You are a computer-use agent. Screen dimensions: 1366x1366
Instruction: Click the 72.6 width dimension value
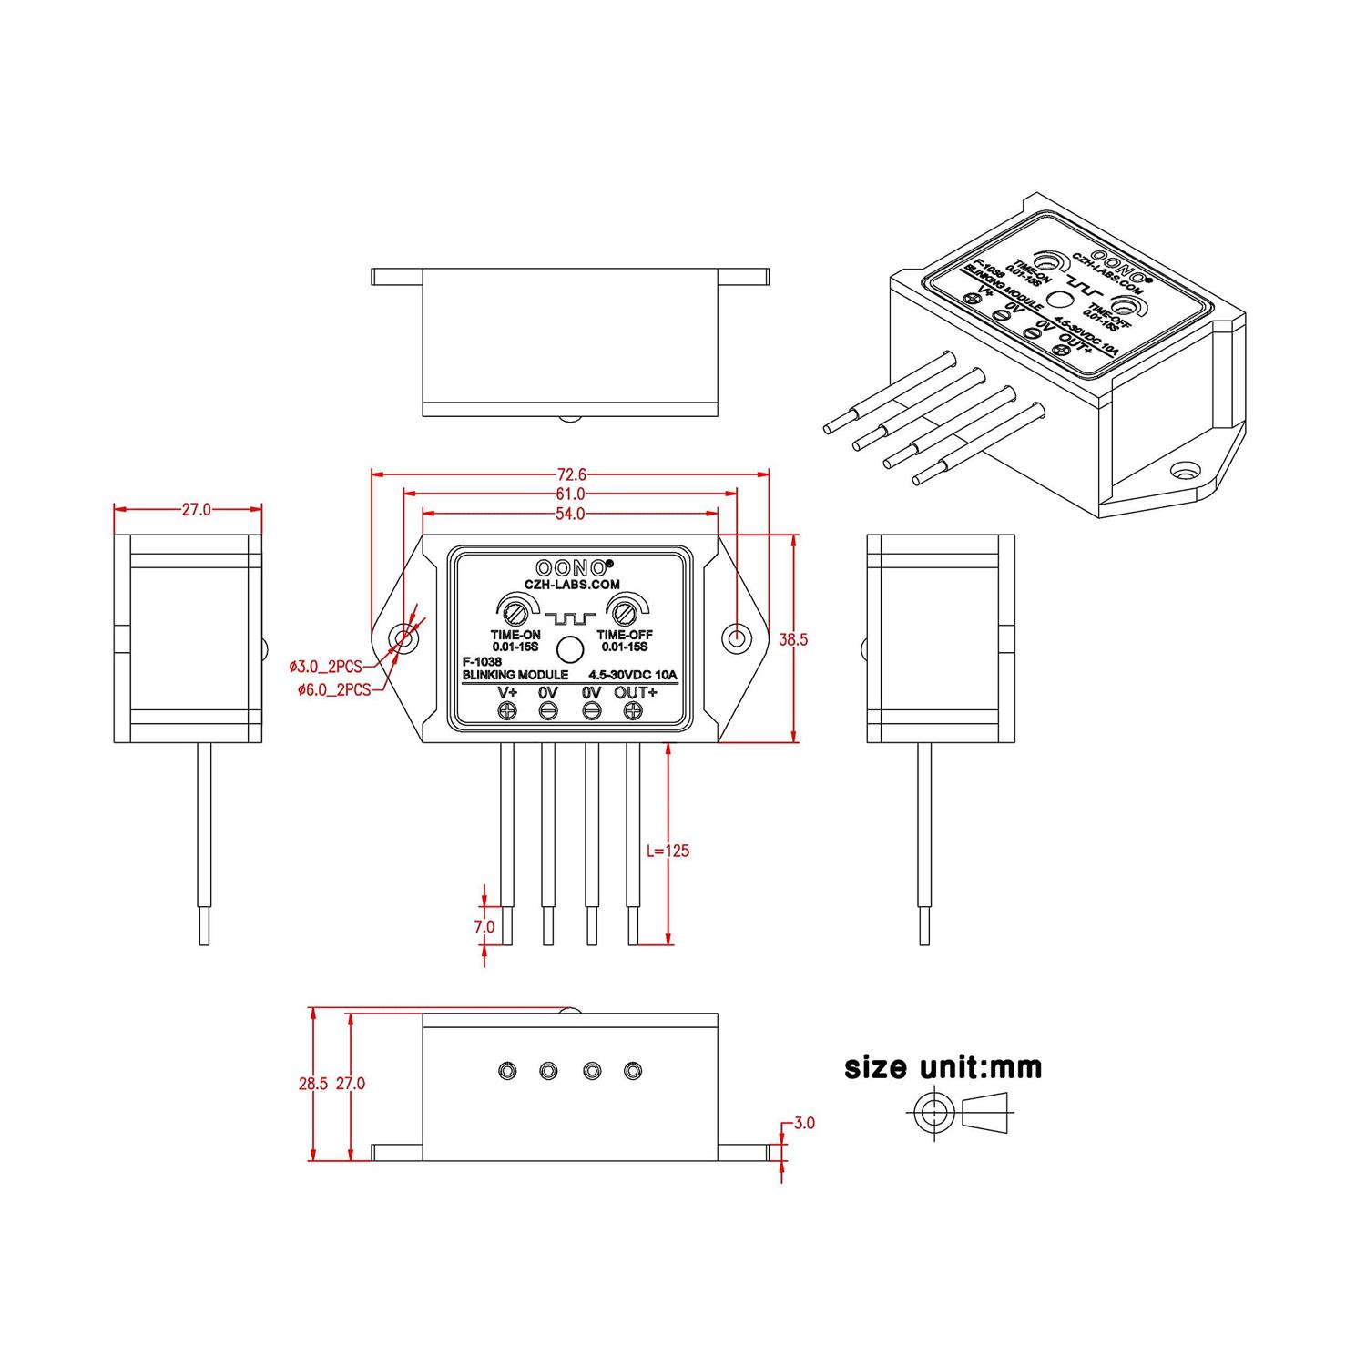(571, 474)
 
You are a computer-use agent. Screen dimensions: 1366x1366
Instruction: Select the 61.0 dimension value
(571, 494)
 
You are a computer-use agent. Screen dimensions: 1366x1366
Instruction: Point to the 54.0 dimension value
(570, 515)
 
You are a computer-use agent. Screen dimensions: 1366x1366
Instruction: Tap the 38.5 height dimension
(792, 639)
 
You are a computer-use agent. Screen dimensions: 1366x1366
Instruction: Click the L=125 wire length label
(668, 851)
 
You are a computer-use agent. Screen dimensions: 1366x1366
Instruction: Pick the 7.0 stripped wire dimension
(484, 926)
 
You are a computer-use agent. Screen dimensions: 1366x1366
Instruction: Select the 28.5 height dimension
(312, 1084)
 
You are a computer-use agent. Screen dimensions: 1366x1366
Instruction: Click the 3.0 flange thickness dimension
(804, 1123)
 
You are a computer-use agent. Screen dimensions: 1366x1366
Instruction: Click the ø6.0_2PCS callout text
(334, 690)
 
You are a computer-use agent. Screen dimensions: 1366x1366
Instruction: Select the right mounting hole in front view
(737, 638)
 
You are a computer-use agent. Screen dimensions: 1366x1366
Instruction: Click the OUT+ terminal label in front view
(636, 693)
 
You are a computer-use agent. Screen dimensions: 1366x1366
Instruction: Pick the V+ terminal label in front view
(507, 693)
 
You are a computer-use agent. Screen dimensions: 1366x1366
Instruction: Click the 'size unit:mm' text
(943, 1066)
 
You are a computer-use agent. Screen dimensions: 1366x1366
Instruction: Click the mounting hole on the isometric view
(1184, 472)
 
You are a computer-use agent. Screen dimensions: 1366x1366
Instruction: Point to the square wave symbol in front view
(570, 619)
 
